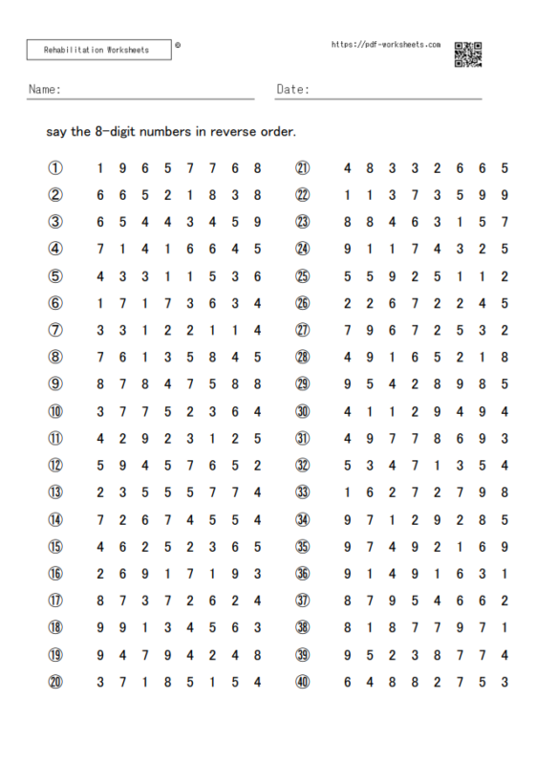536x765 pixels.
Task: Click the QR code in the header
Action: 467,55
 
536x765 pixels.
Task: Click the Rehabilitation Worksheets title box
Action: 100,49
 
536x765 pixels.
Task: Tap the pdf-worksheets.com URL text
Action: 385,44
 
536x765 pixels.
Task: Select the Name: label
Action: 45,89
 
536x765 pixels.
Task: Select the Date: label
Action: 292,89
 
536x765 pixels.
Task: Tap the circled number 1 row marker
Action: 55,168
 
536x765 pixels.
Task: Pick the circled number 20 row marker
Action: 55,682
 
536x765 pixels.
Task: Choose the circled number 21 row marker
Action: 303,168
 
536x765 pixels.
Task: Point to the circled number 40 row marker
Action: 303,682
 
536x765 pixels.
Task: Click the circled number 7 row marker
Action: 55,330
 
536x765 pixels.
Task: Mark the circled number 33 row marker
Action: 303,492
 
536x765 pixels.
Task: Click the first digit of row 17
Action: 100,601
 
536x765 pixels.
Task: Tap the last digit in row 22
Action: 504,195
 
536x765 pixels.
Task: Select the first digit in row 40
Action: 347,682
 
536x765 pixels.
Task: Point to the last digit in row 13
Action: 258,492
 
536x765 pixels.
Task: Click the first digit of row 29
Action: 347,384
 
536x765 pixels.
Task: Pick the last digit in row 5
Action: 258,276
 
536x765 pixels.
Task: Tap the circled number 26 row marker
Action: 303,303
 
